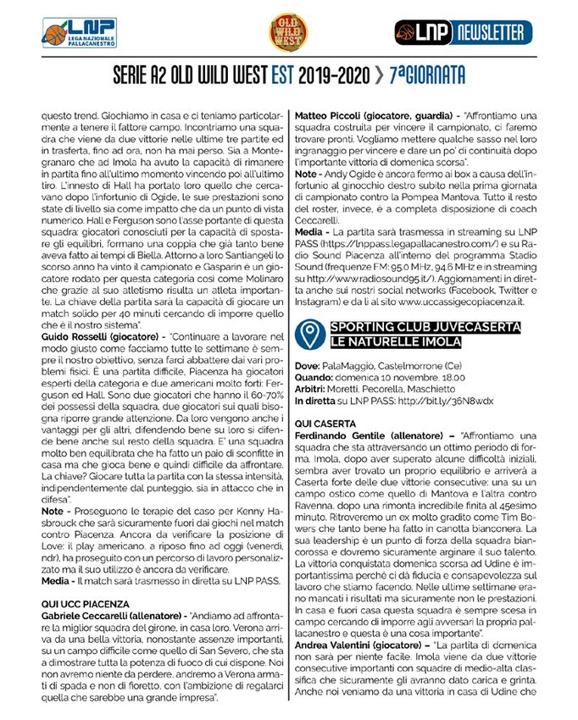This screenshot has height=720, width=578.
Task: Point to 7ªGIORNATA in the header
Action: tap(429, 76)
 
